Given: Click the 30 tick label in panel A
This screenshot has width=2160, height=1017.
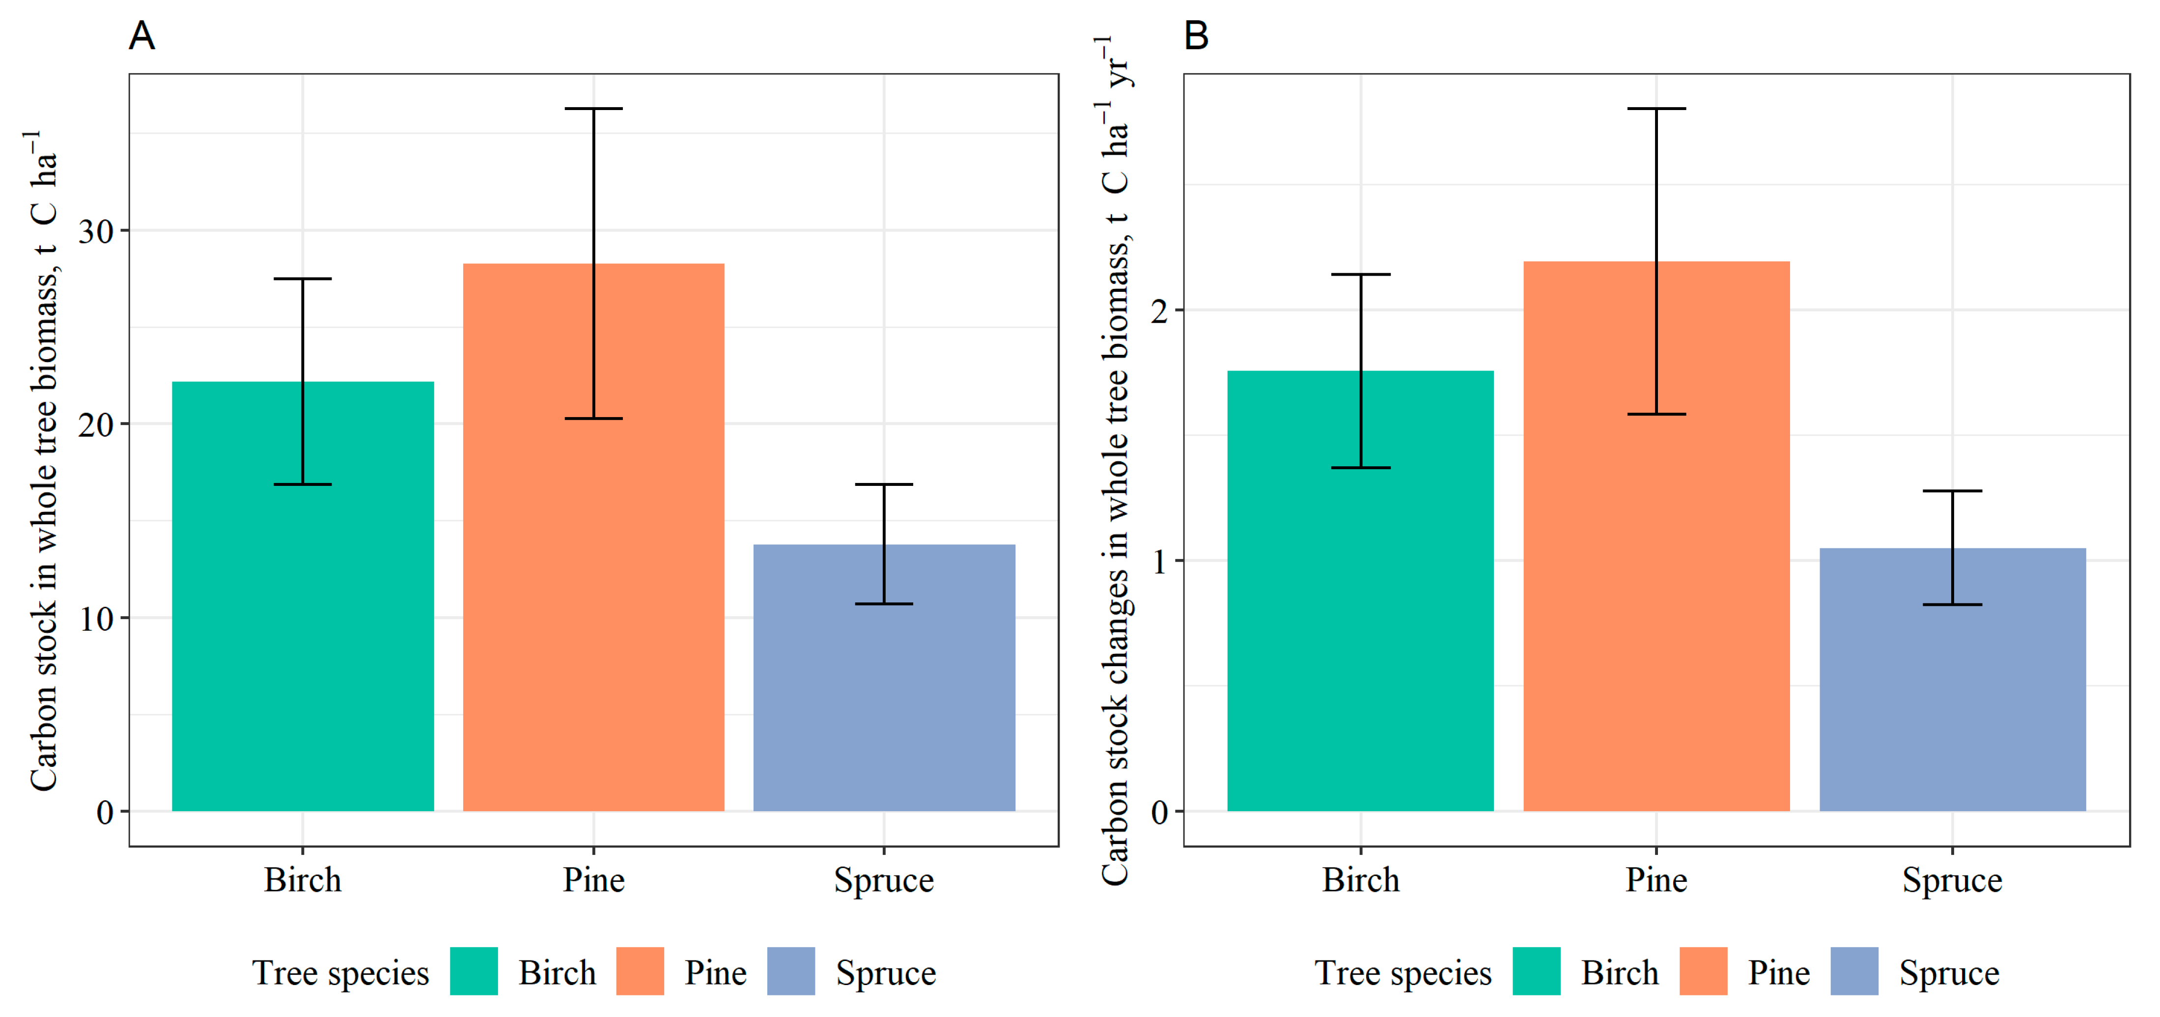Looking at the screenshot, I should [96, 231].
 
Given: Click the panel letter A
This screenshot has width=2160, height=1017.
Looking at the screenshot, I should [141, 36].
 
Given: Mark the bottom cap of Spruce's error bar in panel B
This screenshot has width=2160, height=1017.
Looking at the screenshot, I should [1952, 604].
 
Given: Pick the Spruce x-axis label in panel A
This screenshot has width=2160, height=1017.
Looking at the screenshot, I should [884, 880].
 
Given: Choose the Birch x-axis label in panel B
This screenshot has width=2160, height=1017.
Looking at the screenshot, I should [1360, 880].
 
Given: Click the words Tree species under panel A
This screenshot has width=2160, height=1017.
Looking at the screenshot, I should [340, 973].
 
